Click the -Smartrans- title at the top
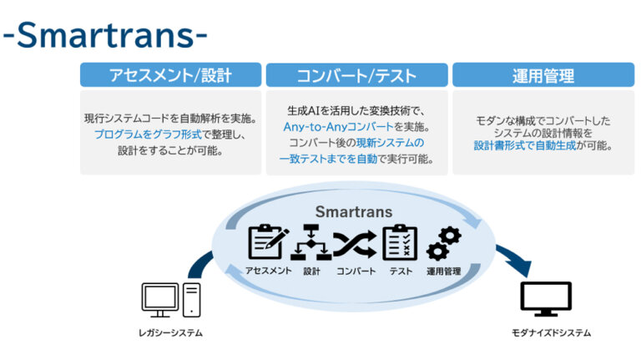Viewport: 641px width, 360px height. (x=103, y=34)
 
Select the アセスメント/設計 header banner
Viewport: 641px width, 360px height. (x=169, y=76)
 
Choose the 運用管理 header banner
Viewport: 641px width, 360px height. (x=543, y=76)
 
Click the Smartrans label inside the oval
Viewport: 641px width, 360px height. (x=355, y=212)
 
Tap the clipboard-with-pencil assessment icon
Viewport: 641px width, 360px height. (x=268, y=242)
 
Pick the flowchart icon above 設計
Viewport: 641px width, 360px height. (x=311, y=242)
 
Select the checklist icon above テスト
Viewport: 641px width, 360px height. (x=400, y=242)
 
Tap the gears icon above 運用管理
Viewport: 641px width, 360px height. (x=443, y=242)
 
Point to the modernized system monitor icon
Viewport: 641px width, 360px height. (x=546, y=299)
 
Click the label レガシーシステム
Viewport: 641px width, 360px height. (x=170, y=333)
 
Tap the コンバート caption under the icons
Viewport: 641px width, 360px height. (x=356, y=271)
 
